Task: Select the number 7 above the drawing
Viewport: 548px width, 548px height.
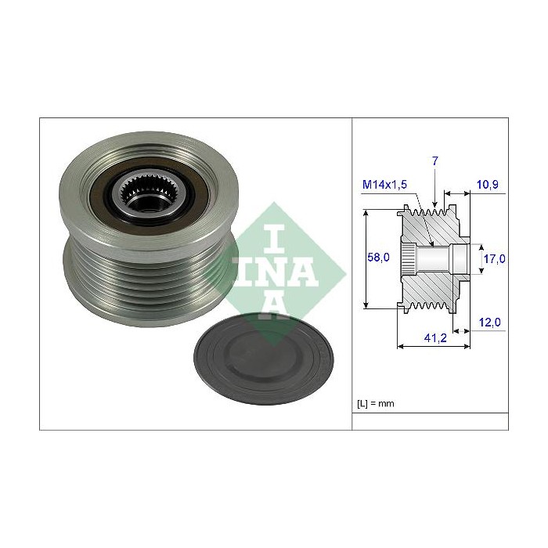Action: tap(435, 160)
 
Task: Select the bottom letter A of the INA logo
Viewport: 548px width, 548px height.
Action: tap(273, 308)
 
